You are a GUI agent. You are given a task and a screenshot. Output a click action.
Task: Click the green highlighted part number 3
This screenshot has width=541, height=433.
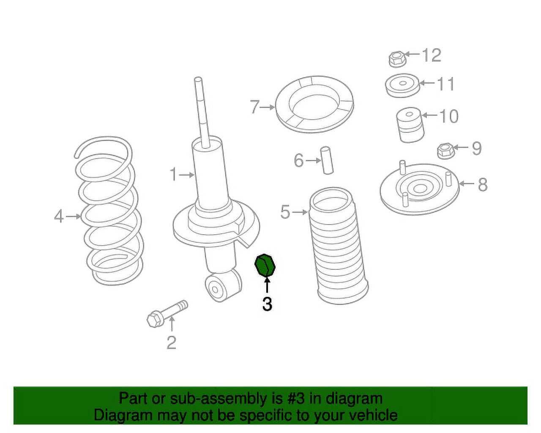[265, 265]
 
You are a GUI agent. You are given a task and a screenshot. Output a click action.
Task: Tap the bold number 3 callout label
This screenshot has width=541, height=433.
[267, 304]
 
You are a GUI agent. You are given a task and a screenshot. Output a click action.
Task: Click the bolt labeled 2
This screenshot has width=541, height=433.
[166, 313]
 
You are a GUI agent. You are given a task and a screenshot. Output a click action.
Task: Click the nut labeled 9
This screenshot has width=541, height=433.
[445, 151]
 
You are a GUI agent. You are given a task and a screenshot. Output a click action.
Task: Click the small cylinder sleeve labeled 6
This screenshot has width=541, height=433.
[327, 160]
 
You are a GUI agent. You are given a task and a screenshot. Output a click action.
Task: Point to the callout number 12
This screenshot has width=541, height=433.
[432, 55]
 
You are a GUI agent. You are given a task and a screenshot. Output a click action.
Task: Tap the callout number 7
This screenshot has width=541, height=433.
[254, 107]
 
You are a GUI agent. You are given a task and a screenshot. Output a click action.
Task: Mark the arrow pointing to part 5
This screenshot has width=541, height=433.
[301, 212]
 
